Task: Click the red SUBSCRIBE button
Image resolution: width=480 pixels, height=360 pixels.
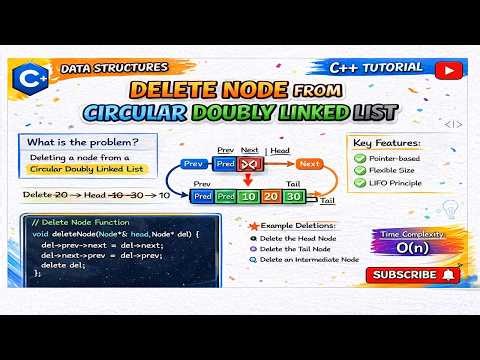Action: coord(411,274)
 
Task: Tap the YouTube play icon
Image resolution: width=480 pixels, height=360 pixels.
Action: coord(450,70)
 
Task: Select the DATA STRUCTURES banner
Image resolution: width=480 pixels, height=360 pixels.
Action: coord(112,68)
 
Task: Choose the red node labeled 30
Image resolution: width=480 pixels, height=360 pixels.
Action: coord(293,197)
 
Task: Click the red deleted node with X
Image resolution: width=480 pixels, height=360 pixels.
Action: coord(251,163)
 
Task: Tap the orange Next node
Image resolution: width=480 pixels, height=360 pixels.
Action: coord(310,163)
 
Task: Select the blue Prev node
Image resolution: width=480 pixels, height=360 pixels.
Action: coord(193,163)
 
